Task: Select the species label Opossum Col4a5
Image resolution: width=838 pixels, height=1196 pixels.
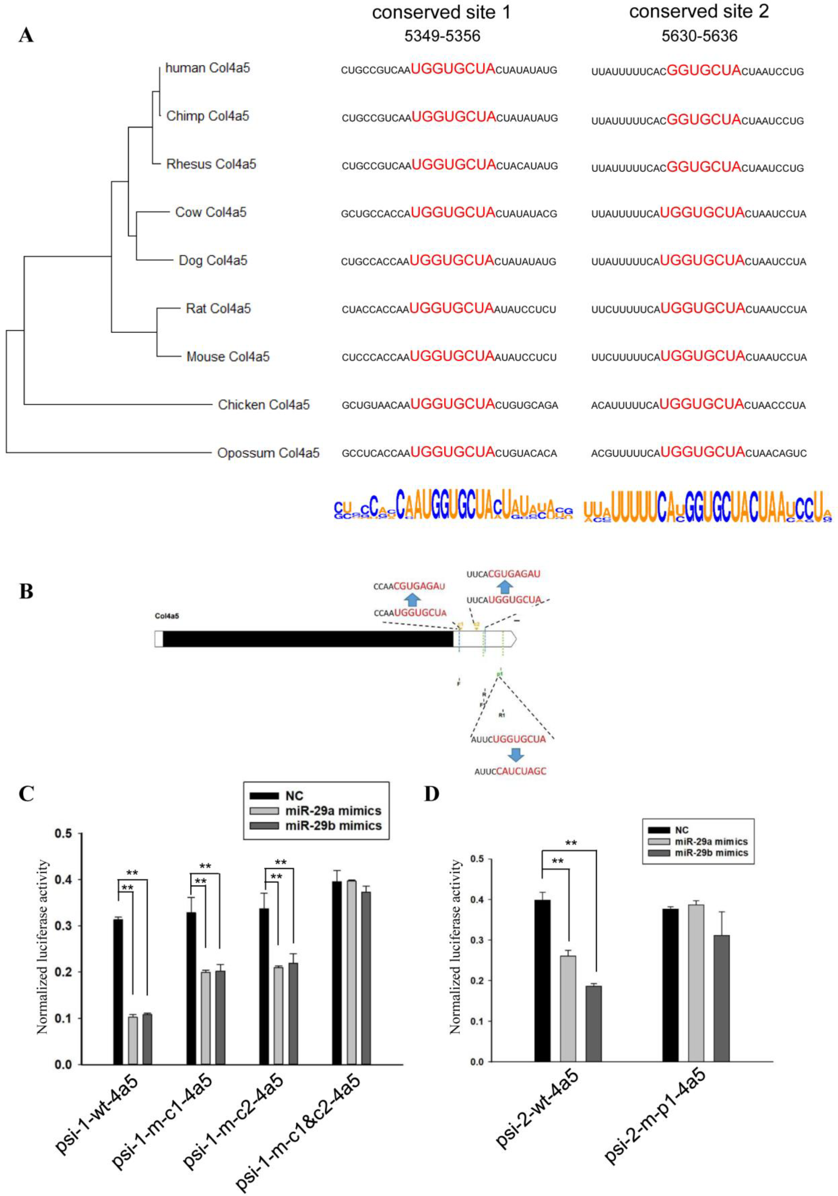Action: (x=268, y=453)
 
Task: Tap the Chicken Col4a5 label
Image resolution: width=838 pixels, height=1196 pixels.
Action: (x=264, y=405)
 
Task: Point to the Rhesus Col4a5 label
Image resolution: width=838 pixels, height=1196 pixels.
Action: (x=211, y=164)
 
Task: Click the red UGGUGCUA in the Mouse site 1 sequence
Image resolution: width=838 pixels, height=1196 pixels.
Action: (x=452, y=356)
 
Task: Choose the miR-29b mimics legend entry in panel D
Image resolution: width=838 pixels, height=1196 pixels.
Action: (x=711, y=853)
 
